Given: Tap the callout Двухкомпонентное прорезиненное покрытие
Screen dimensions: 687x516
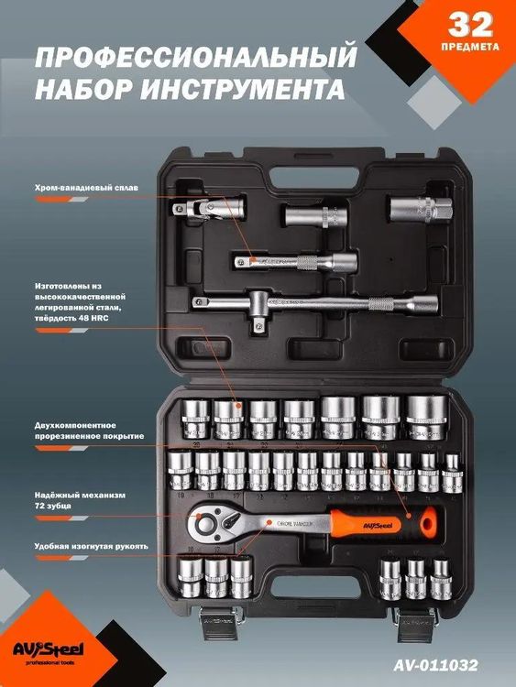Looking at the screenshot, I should point(90,431).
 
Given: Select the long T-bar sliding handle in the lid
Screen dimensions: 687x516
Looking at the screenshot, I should point(298,302).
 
